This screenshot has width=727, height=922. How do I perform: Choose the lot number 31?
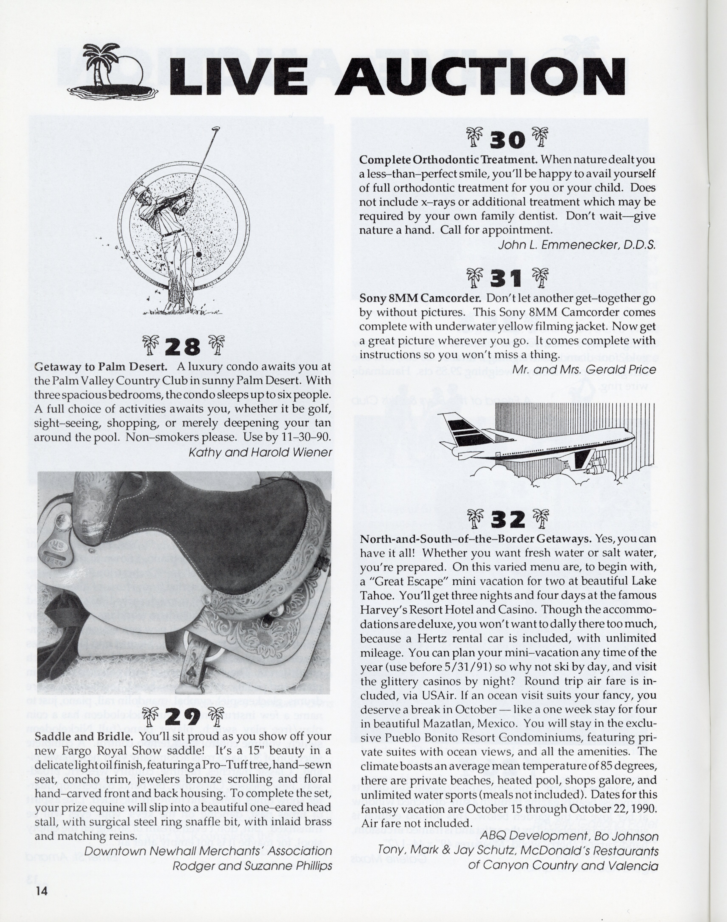click(x=507, y=279)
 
